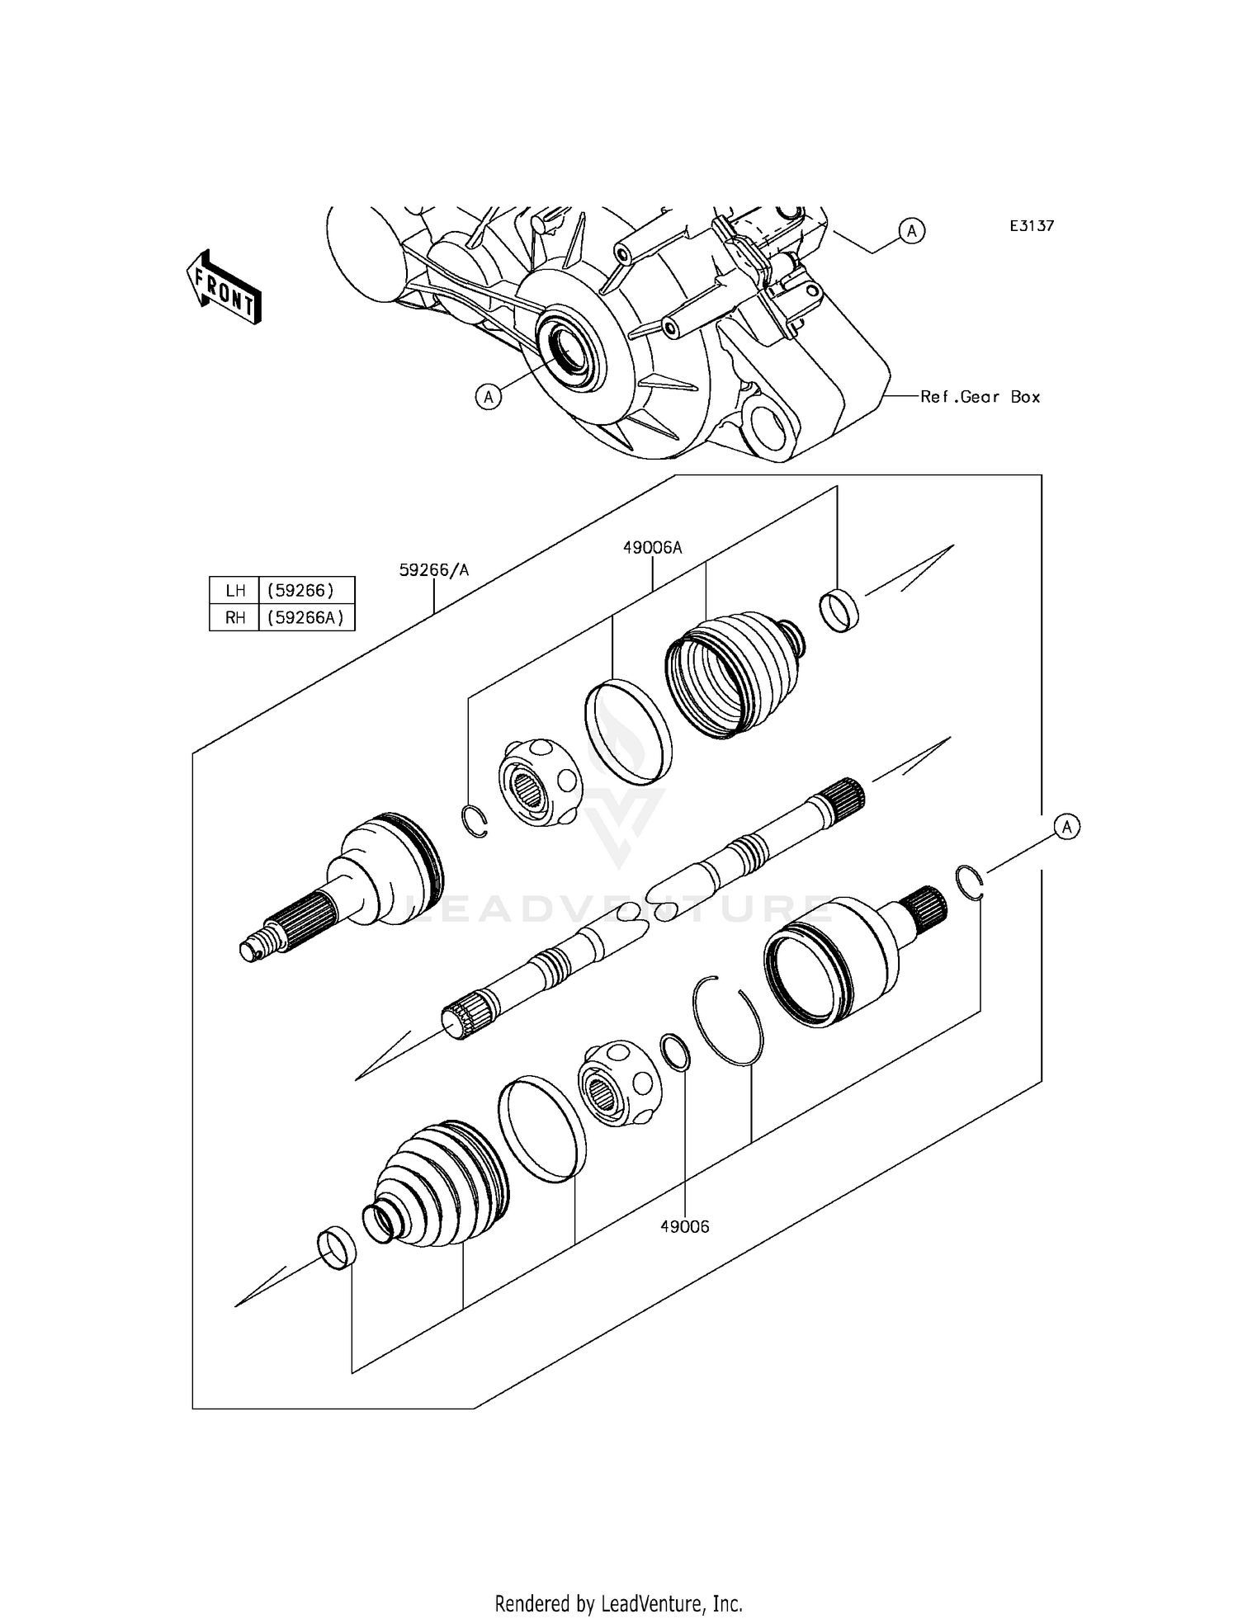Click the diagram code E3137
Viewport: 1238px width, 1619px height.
tap(1031, 226)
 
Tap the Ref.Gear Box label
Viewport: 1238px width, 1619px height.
tap(980, 397)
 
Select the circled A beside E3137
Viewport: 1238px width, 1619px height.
tap(911, 231)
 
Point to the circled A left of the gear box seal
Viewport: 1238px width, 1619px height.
tap(489, 397)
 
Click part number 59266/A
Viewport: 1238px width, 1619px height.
tap(434, 569)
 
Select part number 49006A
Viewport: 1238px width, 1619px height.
tap(652, 547)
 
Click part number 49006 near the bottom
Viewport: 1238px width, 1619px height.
tap(684, 1250)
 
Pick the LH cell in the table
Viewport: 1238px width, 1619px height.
tap(234, 590)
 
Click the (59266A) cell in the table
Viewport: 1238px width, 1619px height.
tap(306, 617)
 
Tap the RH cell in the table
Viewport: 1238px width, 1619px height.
tap(234, 617)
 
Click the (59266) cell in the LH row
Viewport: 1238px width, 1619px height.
tap(306, 590)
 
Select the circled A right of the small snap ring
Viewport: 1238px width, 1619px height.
tap(1067, 826)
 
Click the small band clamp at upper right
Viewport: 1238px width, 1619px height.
tap(839, 611)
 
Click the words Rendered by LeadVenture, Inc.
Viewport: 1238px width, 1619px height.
tap(618, 1603)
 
